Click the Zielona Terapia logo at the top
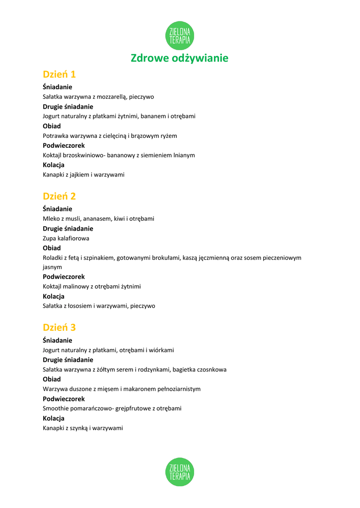click(180, 36)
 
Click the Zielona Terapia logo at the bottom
click(180, 472)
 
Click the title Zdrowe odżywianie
click(180, 58)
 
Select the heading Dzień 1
click(59, 74)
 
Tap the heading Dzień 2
click(59, 196)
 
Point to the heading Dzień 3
click(59, 327)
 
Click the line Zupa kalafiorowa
click(66, 238)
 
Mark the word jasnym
click(52, 267)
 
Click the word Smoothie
click(56, 408)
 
